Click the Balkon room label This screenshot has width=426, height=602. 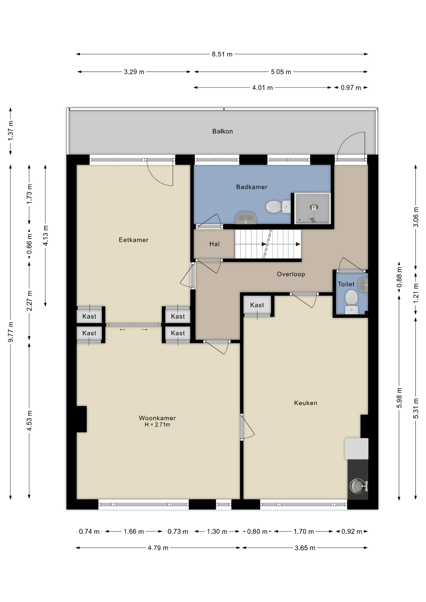(222, 131)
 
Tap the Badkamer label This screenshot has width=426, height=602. (252, 187)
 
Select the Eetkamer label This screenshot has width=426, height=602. (133, 240)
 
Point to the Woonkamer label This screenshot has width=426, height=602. (157, 418)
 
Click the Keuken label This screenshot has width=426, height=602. (306, 403)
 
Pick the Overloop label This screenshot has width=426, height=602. (291, 274)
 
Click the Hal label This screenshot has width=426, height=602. (215, 244)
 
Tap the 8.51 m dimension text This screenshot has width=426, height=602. (222, 54)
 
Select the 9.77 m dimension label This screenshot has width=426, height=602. (11, 332)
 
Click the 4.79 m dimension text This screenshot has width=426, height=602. (158, 548)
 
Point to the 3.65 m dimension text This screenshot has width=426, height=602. (305, 548)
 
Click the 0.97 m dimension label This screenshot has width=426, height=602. (351, 88)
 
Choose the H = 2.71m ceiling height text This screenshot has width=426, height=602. (157, 425)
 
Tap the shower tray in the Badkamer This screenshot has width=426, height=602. (312, 208)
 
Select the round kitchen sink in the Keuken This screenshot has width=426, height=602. (358, 486)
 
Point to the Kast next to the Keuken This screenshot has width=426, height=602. (257, 305)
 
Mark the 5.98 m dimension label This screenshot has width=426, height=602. (399, 398)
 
